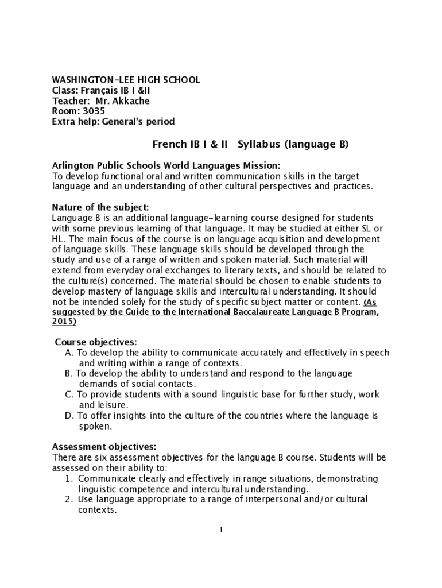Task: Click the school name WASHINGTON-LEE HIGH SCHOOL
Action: tap(126, 80)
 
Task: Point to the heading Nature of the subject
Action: tap(100, 207)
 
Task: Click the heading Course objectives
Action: tap(96, 342)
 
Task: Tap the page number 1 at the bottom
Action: tap(221, 529)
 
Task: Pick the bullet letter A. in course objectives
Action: tap(69, 353)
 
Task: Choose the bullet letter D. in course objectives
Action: tap(69, 416)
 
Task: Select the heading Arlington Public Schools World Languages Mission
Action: tap(166, 165)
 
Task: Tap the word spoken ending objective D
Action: tap(95, 427)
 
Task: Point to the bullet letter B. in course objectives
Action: tap(69, 374)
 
